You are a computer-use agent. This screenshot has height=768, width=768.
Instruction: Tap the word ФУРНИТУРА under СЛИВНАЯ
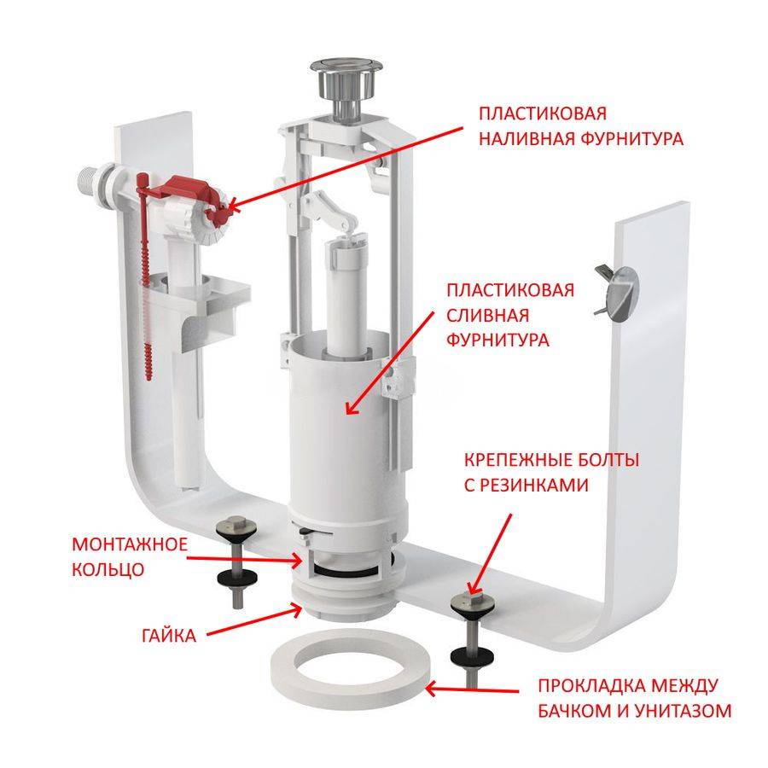497,340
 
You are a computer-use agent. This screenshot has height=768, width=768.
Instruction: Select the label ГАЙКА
169,636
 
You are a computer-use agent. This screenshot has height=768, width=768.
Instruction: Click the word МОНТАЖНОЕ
130,544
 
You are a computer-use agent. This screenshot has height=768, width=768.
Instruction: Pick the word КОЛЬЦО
108,570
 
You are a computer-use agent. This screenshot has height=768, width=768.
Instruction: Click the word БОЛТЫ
608,461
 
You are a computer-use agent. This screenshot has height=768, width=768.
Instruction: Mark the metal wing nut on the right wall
616,293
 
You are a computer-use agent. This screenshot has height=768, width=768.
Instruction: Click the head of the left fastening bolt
238,527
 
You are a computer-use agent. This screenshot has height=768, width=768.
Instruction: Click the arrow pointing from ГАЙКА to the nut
253,620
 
